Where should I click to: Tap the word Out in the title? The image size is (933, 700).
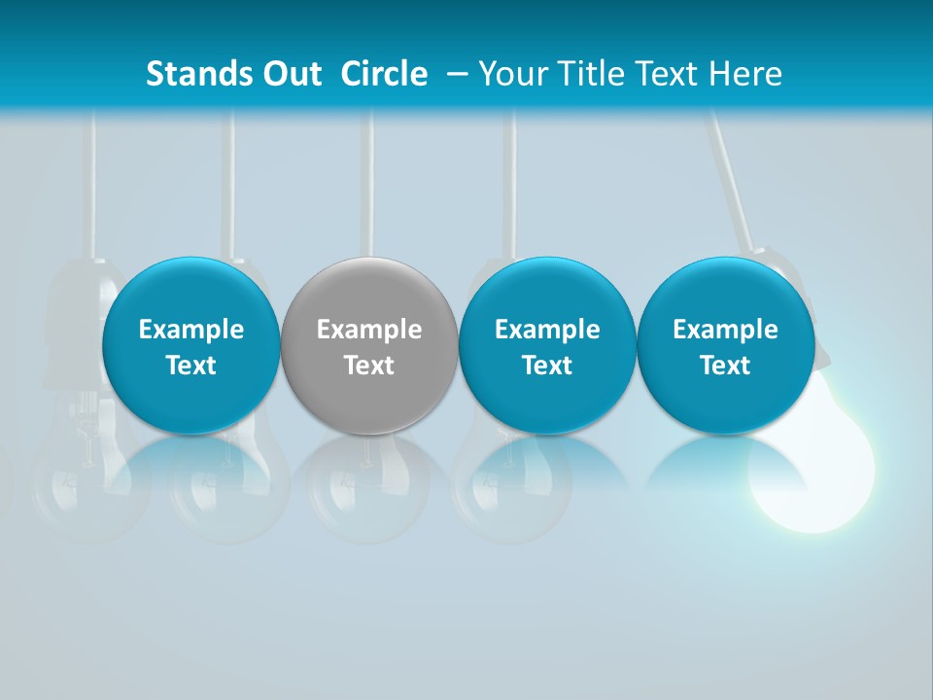point(291,74)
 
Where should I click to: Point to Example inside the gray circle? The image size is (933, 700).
point(369,330)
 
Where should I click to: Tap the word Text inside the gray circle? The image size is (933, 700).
point(369,366)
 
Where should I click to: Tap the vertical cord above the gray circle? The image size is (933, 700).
point(368,185)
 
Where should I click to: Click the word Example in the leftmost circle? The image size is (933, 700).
point(190,330)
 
